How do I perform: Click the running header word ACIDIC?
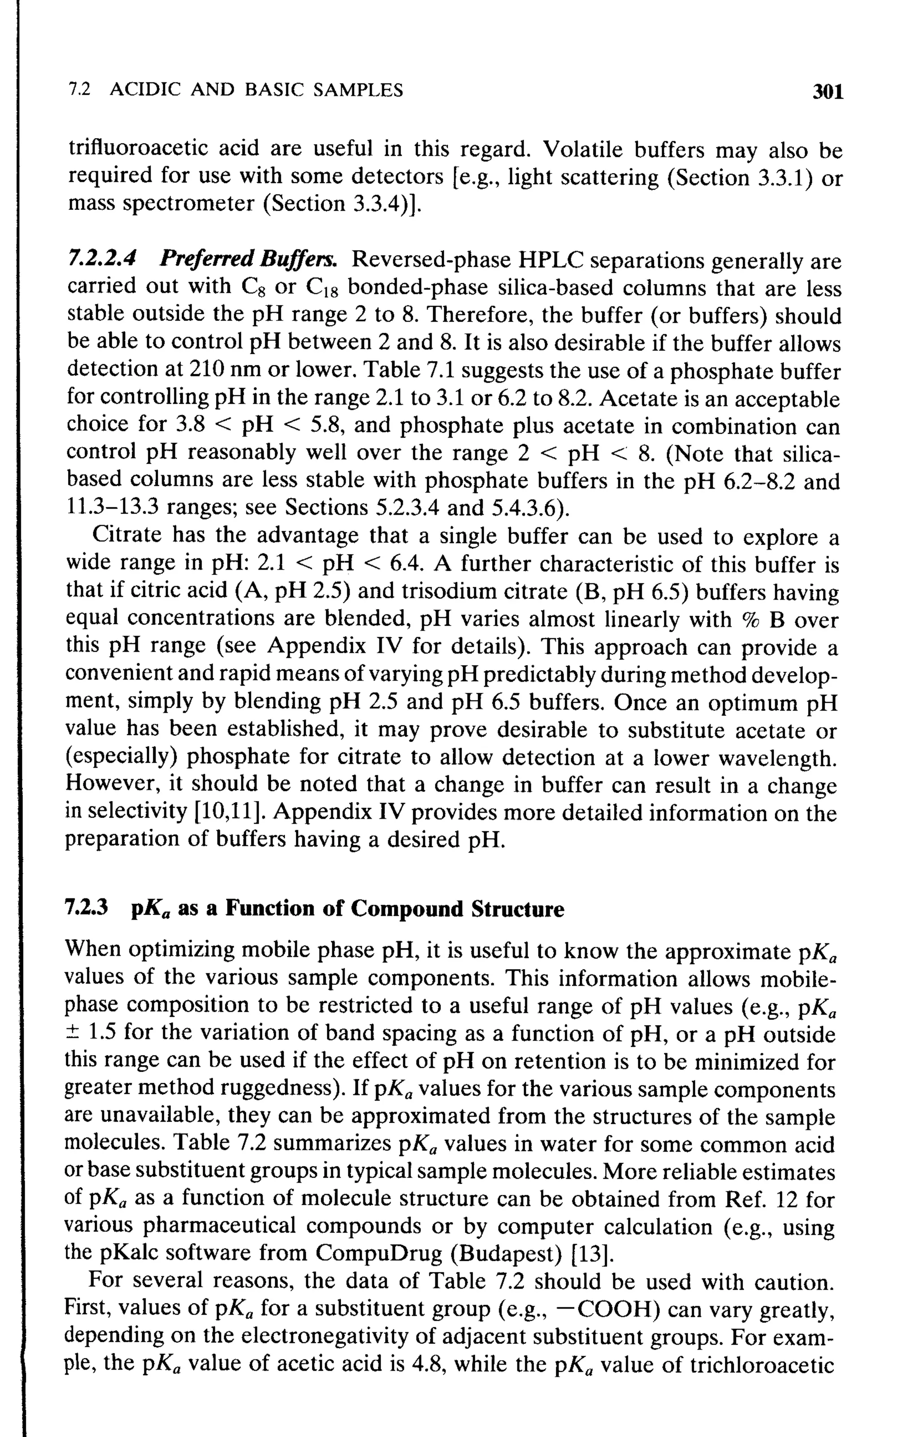coord(146,90)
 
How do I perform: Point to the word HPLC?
coord(550,260)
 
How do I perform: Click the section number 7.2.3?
coord(87,908)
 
